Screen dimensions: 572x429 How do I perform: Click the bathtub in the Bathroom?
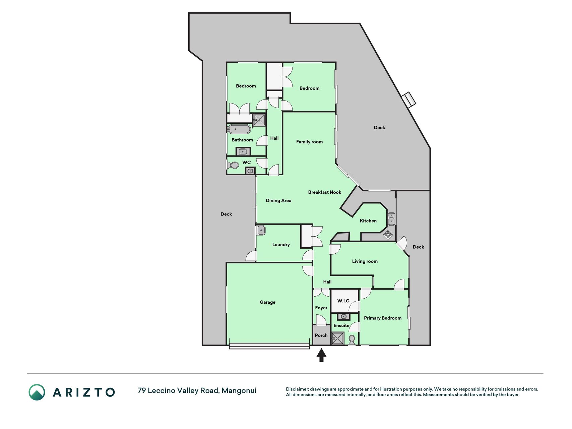239,129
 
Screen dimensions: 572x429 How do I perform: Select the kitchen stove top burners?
388,234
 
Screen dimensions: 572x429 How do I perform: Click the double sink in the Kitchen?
391,219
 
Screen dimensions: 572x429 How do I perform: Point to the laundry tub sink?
261,230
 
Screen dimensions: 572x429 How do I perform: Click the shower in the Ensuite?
338,338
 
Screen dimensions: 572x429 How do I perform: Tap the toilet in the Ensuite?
352,341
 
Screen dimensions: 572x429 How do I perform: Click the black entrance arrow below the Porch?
321,355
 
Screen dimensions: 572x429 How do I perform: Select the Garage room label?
267,302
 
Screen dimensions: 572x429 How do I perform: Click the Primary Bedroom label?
383,318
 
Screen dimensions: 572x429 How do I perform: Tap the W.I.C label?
343,301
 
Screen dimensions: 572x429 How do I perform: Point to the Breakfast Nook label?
325,192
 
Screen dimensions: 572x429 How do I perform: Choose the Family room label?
309,142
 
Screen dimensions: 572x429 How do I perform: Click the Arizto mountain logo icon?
37,392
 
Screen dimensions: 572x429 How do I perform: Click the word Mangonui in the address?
239,390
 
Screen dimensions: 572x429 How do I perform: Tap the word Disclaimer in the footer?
297,389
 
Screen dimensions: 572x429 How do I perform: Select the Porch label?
321,335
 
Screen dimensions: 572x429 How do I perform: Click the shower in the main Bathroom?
259,120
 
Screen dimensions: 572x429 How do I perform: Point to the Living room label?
365,261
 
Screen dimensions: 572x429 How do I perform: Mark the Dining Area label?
278,200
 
